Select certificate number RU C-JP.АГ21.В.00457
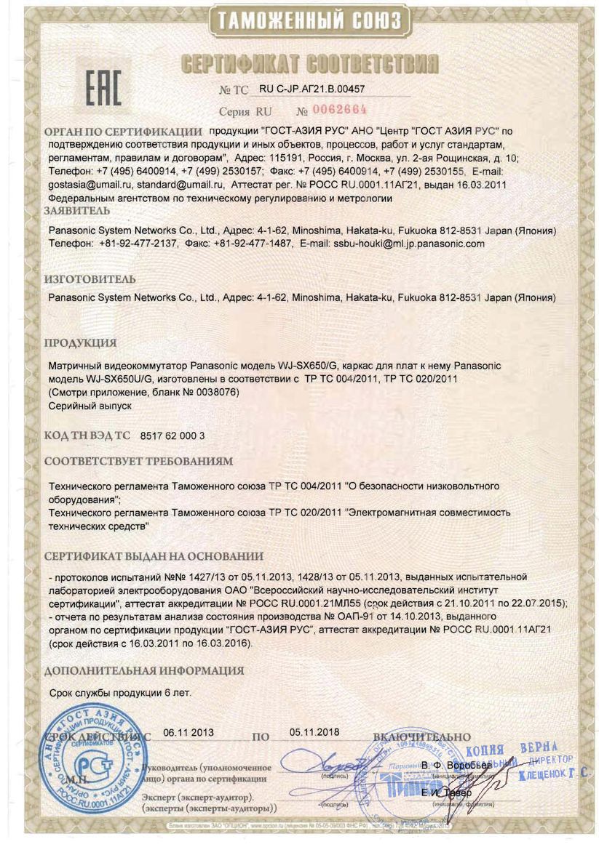pos(312,89)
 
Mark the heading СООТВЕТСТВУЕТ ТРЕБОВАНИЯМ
pos(139,461)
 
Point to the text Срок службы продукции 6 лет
pos(120,693)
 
